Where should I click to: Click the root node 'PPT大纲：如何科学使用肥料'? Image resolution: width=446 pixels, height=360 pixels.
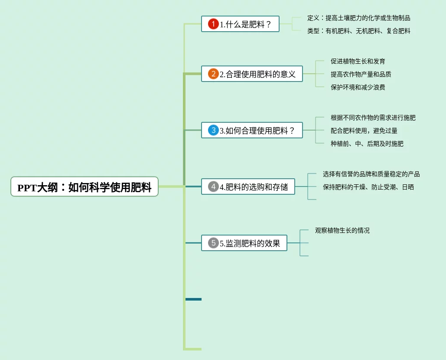click(85, 187)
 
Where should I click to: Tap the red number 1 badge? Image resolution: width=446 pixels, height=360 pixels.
click(213, 24)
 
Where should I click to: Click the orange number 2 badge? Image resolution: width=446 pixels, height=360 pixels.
click(213, 74)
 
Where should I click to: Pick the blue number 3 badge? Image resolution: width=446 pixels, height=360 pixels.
click(213, 130)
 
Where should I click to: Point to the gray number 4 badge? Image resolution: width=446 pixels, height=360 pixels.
click(213, 187)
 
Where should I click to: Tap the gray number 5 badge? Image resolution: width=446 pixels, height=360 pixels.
click(213, 243)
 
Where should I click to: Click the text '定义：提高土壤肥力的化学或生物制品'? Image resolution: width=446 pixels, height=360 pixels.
click(358, 18)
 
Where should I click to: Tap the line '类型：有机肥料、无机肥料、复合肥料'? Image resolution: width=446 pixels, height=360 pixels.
click(358, 31)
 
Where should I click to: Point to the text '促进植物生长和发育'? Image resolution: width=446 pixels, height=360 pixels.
click(358, 61)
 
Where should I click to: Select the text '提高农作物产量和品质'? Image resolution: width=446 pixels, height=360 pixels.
click(361, 74)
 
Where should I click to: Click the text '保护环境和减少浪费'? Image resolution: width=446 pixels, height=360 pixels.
click(358, 87)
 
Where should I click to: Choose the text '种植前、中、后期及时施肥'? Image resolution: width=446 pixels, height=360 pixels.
click(367, 144)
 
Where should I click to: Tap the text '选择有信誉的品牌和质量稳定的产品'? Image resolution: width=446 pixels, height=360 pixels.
click(371, 174)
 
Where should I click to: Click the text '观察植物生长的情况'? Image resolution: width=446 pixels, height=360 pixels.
click(342, 230)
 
